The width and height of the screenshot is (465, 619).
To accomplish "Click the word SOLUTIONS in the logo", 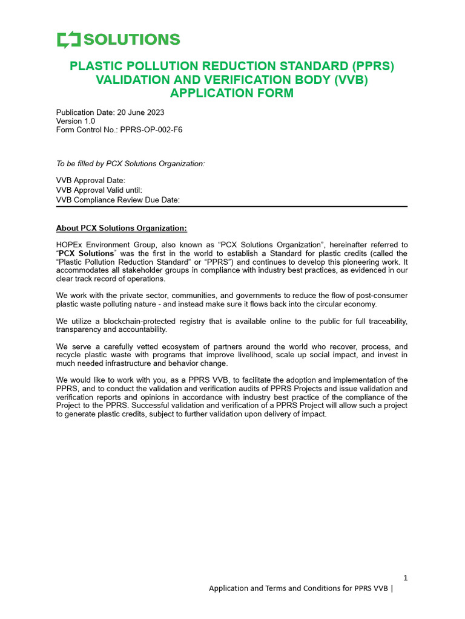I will (x=132, y=40).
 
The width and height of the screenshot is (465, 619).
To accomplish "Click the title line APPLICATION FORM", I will (x=232, y=93).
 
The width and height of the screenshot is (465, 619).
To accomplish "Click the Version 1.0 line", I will (x=76, y=121).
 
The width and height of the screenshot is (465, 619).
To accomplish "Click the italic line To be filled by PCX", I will (x=130, y=164).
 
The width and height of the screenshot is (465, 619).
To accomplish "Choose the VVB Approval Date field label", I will (x=91, y=181).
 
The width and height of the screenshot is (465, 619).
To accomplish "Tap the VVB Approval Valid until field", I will (x=99, y=190).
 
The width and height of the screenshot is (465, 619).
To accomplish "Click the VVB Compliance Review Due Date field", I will (x=118, y=200).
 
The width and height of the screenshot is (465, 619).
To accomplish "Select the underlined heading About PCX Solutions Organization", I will (x=122, y=228).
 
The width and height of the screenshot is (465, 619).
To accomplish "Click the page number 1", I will (x=405, y=578).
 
